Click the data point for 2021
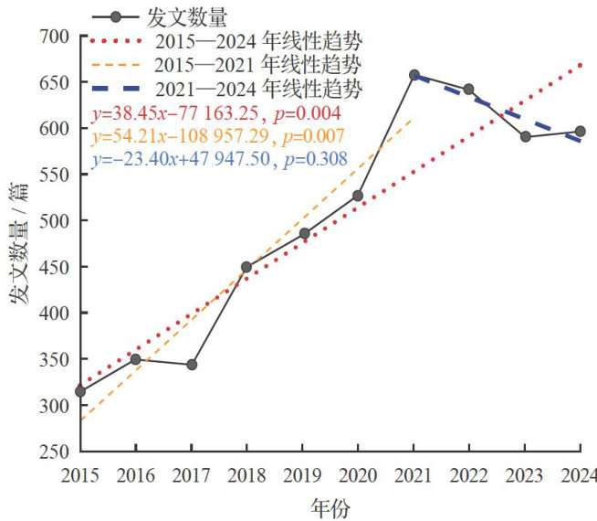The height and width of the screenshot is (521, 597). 414,75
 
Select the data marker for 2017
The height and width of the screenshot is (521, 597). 192,365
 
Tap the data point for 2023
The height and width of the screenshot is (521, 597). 526,137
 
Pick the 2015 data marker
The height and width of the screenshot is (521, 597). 80,391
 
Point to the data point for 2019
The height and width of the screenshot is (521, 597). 303,234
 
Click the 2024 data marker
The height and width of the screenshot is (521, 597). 581,132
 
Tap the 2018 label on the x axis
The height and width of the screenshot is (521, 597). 246,475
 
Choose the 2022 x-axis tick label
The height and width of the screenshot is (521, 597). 469,475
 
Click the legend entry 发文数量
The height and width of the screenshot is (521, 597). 186,17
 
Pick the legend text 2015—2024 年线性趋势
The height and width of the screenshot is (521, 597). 258,42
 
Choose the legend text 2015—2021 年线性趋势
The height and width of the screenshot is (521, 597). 258,66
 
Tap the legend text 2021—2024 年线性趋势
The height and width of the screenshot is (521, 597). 258,90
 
